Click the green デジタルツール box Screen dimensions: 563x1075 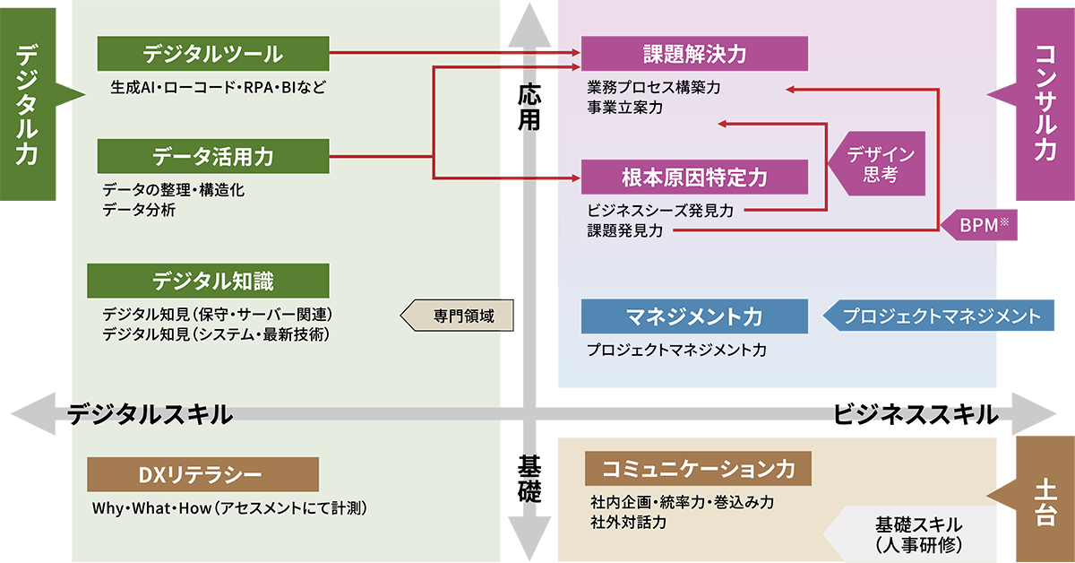213,54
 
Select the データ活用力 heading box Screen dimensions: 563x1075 213,157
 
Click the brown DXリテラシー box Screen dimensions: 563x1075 202,474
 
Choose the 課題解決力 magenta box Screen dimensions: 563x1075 694,54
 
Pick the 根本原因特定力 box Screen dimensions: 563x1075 694,178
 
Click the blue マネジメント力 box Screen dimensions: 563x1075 694,316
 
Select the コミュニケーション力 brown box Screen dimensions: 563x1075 698,468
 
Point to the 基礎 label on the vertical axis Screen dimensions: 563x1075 529,480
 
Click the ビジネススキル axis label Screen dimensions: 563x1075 915,414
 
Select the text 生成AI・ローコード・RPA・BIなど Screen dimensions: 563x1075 219,89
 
